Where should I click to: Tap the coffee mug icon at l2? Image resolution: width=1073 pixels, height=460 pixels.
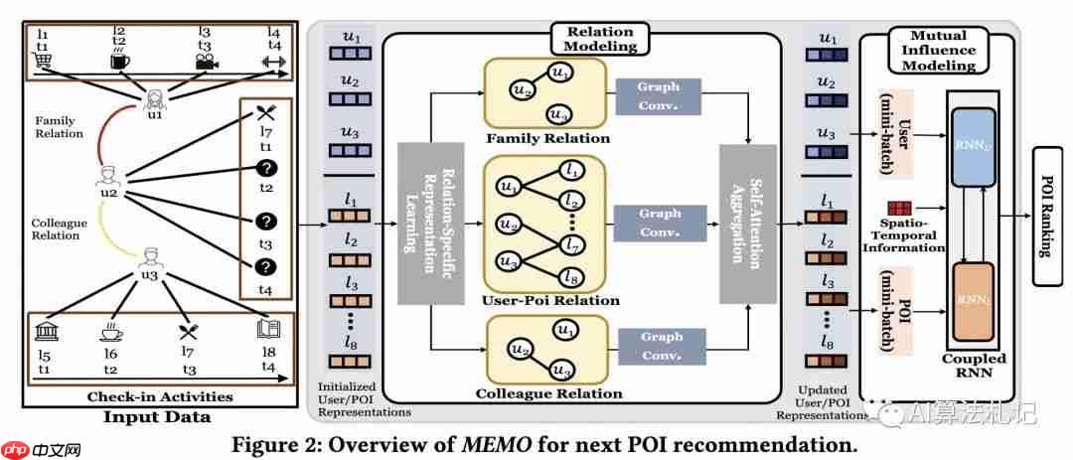(119, 62)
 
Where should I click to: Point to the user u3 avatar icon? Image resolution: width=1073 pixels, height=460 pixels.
(149, 258)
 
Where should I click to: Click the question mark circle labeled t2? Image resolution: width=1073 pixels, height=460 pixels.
(265, 169)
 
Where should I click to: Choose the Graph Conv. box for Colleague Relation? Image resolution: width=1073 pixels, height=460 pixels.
(660, 344)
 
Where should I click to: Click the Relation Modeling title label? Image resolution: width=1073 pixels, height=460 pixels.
(602, 38)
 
